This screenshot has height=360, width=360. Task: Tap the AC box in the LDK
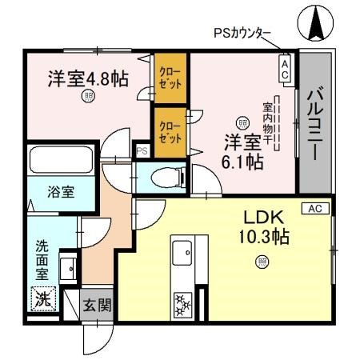click(x=314, y=208)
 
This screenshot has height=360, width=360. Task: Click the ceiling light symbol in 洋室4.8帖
click(x=87, y=98)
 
